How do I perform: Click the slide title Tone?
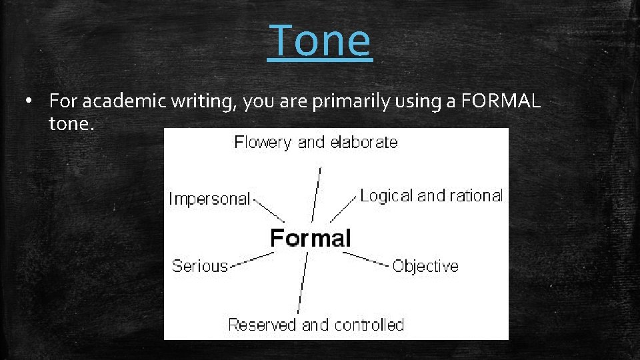(320, 40)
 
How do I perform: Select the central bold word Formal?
(310, 238)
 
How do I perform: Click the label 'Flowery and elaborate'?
(315, 142)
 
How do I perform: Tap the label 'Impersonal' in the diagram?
(209, 199)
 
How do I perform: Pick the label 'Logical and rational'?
(431, 195)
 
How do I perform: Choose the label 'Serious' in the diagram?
(199, 266)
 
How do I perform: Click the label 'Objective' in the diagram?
(425, 267)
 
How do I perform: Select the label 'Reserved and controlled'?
(316, 325)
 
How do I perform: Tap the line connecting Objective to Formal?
(365, 259)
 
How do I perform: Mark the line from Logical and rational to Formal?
(343, 209)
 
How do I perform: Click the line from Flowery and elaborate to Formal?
(317, 193)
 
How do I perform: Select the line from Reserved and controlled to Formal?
(303, 283)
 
